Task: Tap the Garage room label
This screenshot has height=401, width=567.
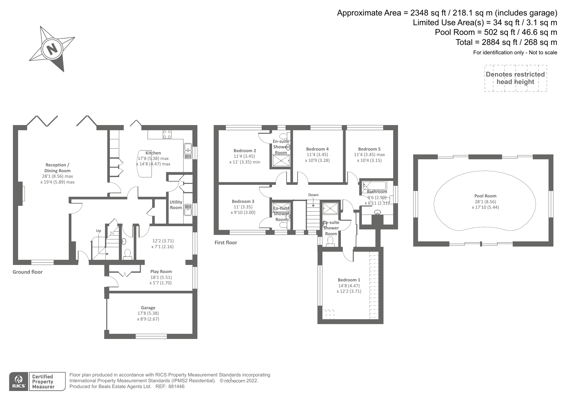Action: coord(148,308)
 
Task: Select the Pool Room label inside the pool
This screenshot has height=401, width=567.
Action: coord(485,196)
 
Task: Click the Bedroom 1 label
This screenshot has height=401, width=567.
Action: coord(349,280)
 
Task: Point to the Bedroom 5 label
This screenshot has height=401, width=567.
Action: coord(369,149)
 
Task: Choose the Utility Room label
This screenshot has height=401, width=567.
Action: coord(176,205)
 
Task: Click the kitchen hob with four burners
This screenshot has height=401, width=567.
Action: coord(167,134)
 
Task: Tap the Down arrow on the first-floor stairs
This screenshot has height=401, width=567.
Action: coord(313,203)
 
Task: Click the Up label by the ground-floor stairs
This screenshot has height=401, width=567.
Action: coord(99,231)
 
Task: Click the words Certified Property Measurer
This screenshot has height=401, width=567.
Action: coord(43,381)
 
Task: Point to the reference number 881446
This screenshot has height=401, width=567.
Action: coord(176,386)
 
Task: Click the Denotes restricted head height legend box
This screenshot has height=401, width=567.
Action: coord(516,78)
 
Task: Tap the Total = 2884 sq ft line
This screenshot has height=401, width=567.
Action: coord(506,42)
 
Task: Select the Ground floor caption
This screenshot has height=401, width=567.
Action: coord(27,272)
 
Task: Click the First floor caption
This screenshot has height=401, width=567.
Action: coord(226,242)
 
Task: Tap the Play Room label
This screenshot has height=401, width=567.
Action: coord(161,271)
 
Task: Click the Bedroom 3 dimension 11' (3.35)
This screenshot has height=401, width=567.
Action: coord(243,207)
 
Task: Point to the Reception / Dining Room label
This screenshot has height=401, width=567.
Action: coord(58,168)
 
